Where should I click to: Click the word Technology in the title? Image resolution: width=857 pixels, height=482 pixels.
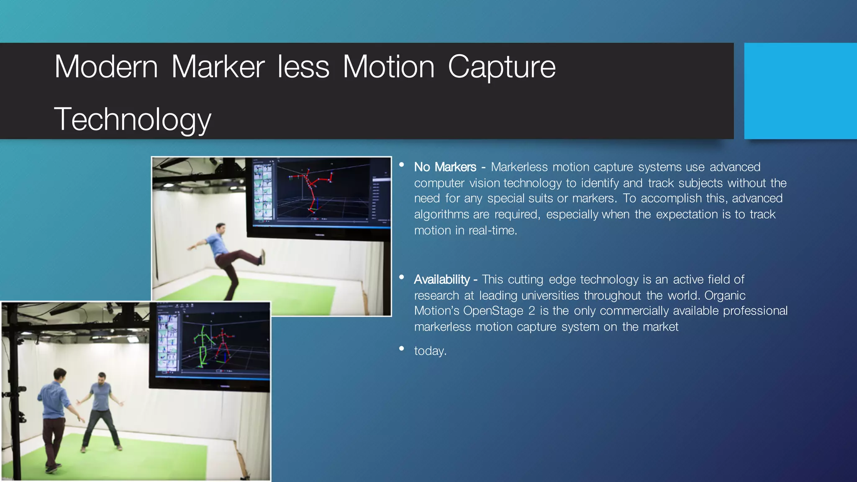click(x=132, y=120)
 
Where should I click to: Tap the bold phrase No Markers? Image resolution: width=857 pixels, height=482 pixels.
click(x=445, y=167)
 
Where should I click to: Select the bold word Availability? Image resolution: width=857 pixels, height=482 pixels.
click(x=442, y=279)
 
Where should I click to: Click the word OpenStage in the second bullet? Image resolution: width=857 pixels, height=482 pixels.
click(x=499, y=311)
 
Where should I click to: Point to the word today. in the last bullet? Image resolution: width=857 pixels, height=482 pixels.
click(x=430, y=351)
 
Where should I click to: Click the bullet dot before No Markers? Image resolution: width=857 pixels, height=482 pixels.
click(x=402, y=165)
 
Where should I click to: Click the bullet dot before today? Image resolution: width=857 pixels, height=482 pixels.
click(x=402, y=349)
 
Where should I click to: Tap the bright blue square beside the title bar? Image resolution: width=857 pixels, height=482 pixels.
click(x=800, y=91)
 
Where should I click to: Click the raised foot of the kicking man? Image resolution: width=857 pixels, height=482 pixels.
click(x=263, y=256)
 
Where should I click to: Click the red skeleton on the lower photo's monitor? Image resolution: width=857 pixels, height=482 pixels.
click(x=222, y=345)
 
